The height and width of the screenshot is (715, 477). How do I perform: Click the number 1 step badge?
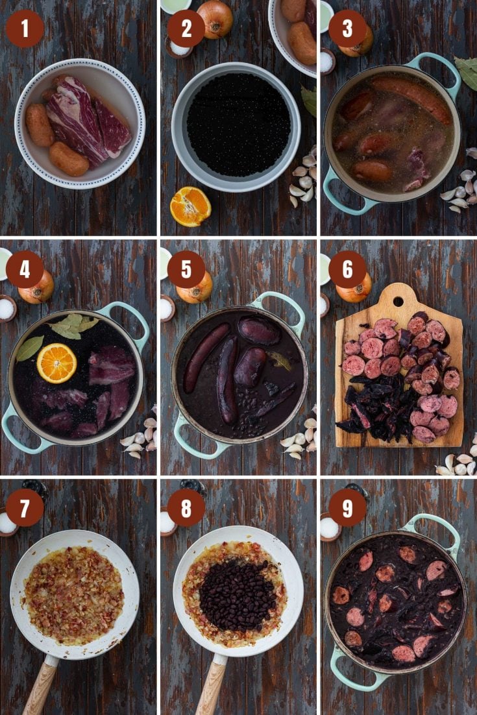(x=25, y=29)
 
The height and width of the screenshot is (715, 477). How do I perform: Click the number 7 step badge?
(x=25, y=507)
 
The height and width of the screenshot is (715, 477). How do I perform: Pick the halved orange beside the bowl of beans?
(x=190, y=206)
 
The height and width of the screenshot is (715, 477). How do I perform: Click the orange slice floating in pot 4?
(x=56, y=363)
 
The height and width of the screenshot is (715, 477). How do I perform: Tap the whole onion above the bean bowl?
(x=215, y=18)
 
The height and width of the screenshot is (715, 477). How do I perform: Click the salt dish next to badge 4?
(x=7, y=308)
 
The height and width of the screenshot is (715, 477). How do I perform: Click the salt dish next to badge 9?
(x=329, y=527)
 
